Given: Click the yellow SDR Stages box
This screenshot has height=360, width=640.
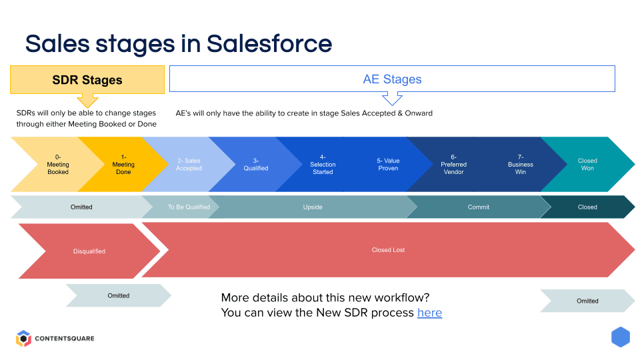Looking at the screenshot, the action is click(x=87, y=79).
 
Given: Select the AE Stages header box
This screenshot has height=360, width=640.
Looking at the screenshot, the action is click(x=392, y=79).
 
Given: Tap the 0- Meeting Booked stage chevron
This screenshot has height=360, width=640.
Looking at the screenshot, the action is click(x=57, y=164).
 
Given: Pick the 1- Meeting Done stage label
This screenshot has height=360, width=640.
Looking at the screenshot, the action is click(x=123, y=164).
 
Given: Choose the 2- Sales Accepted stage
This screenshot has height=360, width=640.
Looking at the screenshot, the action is click(x=189, y=164).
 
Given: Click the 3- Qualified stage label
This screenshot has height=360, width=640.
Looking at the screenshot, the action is click(x=256, y=164).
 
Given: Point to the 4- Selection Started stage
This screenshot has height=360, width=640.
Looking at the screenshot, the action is click(x=323, y=164).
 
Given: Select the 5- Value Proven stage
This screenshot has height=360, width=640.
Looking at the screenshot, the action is click(x=388, y=164).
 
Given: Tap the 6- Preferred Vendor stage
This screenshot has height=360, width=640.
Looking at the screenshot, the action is click(x=453, y=164).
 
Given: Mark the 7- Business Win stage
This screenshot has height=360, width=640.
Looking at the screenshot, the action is click(x=521, y=164).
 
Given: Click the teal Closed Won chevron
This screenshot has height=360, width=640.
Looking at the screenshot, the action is click(x=588, y=164).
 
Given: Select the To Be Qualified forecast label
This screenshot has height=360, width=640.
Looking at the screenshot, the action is click(x=189, y=207).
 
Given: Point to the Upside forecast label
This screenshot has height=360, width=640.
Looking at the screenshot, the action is click(x=313, y=207).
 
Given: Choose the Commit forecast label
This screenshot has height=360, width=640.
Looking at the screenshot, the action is click(x=479, y=207).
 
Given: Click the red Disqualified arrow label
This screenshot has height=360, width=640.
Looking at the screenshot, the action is click(x=89, y=251).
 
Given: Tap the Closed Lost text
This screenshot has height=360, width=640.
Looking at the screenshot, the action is click(x=388, y=250).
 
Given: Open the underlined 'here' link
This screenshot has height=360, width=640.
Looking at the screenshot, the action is click(x=429, y=313).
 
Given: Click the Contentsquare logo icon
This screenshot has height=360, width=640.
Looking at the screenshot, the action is click(x=24, y=339).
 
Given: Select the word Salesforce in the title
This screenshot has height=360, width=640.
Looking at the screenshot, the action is click(x=269, y=43).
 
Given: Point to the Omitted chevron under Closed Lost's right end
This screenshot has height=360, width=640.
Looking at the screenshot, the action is click(x=588, y=301).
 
